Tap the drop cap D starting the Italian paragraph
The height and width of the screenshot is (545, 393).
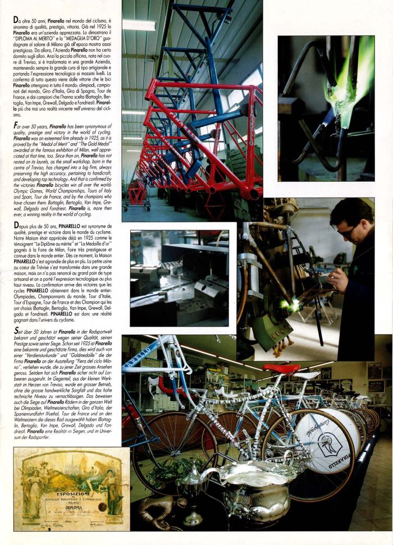click(x=16, y=20)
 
